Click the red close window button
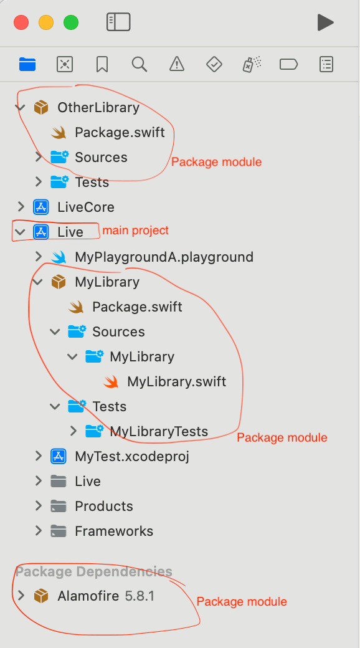21,22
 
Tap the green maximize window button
70,22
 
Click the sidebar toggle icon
118,22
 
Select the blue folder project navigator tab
27,64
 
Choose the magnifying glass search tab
140,64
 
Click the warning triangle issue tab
177,64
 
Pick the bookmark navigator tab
102,64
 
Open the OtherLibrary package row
98,107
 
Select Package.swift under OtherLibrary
120,132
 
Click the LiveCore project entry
86,207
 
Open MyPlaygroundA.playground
164,257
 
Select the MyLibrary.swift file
176,381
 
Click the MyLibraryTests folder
159,431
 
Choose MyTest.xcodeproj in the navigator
132,456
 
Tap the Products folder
104,506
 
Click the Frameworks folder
114,531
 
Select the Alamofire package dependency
105,596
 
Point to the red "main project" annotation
136,230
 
